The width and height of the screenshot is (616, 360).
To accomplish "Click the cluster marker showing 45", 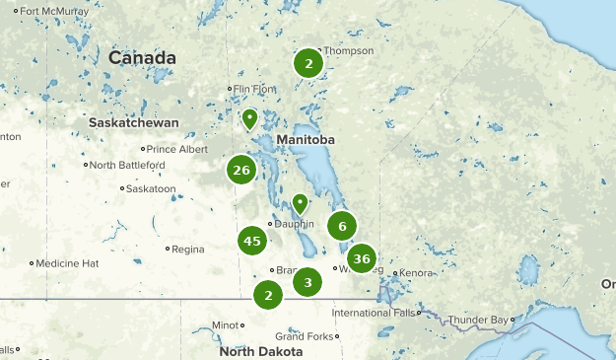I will coord(251,241).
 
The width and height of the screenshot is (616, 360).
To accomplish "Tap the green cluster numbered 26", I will coord(241,171).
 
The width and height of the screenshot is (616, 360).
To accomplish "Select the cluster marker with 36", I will coord(362,259).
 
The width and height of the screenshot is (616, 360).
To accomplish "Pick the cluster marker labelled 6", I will coord(341,226).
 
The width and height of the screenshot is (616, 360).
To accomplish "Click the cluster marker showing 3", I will coord(308,282).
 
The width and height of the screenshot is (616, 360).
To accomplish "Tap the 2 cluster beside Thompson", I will coord(308,64).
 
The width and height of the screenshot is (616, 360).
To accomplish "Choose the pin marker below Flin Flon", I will coord(250,120).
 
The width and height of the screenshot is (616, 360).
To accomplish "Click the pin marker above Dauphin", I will coord(300,204).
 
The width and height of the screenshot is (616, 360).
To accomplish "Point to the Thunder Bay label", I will coord(480,320).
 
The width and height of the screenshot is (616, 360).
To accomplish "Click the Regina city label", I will coord(187,249).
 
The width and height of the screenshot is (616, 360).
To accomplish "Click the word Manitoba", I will coord(306,140).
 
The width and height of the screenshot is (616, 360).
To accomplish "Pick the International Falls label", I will coord(374,313).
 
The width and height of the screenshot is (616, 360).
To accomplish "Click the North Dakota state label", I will coord(261,351).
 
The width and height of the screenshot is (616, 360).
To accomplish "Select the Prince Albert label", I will coord(176,149).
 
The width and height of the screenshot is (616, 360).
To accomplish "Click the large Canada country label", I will coord(142,58).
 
